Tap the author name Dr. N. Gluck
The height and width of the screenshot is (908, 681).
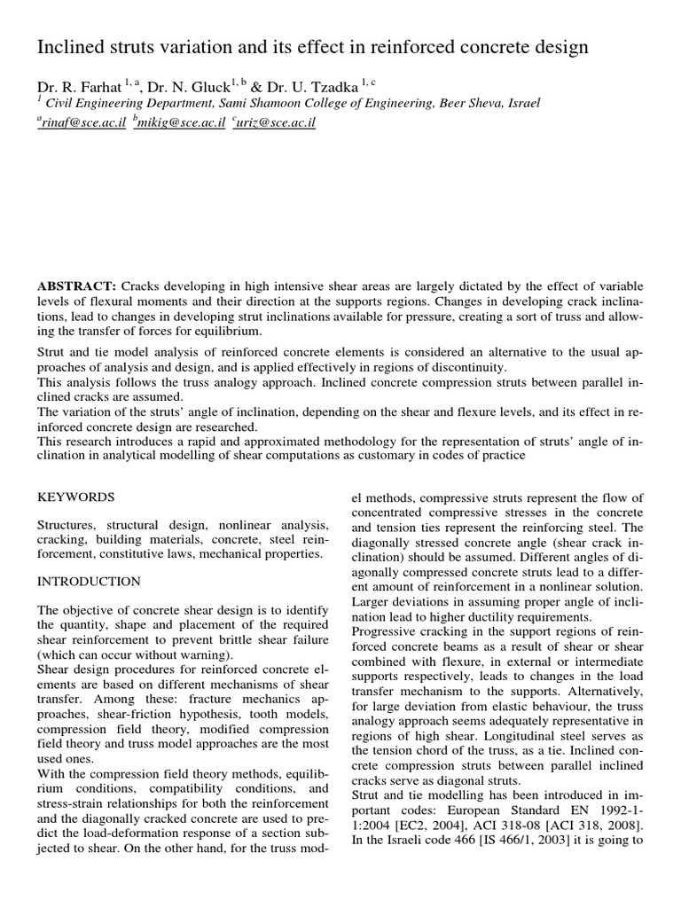(185, 87)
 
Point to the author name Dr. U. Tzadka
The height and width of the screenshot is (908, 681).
(311, 87)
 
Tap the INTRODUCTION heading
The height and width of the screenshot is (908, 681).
(89, 582)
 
